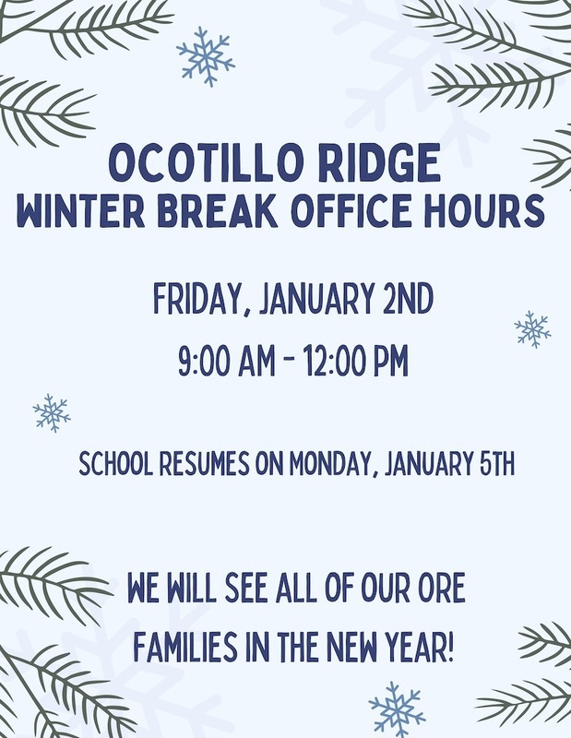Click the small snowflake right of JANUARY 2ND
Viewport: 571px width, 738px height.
click(532, 329)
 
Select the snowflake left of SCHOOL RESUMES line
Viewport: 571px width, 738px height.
click(52, 412)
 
